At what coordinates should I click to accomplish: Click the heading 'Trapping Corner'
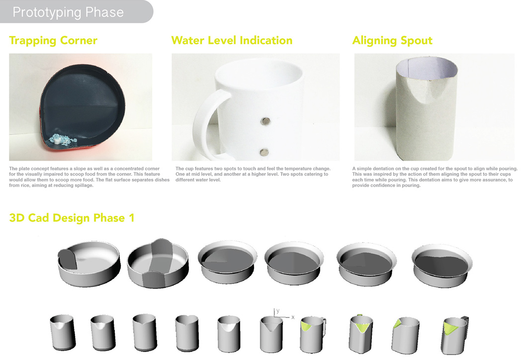53,40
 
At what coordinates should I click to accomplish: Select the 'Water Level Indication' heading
232,40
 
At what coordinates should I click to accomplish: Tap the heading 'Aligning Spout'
392,40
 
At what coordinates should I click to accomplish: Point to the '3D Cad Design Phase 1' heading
72,217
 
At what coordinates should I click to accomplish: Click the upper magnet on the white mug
265,120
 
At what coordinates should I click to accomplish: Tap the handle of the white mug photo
204,122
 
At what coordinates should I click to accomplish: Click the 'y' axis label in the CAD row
278,310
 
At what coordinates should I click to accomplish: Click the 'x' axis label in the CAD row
293,317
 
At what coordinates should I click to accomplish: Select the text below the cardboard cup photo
435,177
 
